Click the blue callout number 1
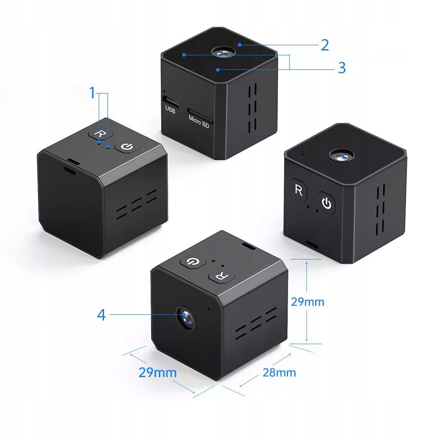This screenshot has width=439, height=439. pyautogui.click(x=92, y=93)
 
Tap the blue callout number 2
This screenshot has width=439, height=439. pyautogui.click(x=325, y=45)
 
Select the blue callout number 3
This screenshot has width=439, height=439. pyautogui.click(x=342, y=68)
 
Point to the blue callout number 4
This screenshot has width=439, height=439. pyautogui.click(x=101, y=315)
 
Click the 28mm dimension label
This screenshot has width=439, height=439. pyautogui.click(x=279, y=373)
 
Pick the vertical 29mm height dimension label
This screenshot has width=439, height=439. pyautogui.click(x=307, y=302)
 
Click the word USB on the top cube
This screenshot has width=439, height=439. pyautogui.click(x=170, y=109)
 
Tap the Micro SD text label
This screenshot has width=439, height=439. pyautogui.click(x=199, y=122)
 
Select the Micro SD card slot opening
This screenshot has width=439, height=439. pyautogui.click(x=200, y=115)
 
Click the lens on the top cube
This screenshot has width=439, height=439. pyautogui.click(x=223, y=52)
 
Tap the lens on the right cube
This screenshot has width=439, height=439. pyautogui.click(x=341, y=156)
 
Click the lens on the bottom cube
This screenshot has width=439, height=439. pyautogui.click(x=186, y=318)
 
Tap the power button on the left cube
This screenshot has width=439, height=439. pyautogui.click(x=127, y=147)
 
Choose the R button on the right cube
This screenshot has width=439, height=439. pyautogui.click(x=299, y=190)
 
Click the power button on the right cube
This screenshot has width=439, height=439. pyautogui.click(x=327, y=203)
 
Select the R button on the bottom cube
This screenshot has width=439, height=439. pyautogui.click(x=221, y=276)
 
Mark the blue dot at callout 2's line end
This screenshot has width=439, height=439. pyautogui.click(x=240, y=45)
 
